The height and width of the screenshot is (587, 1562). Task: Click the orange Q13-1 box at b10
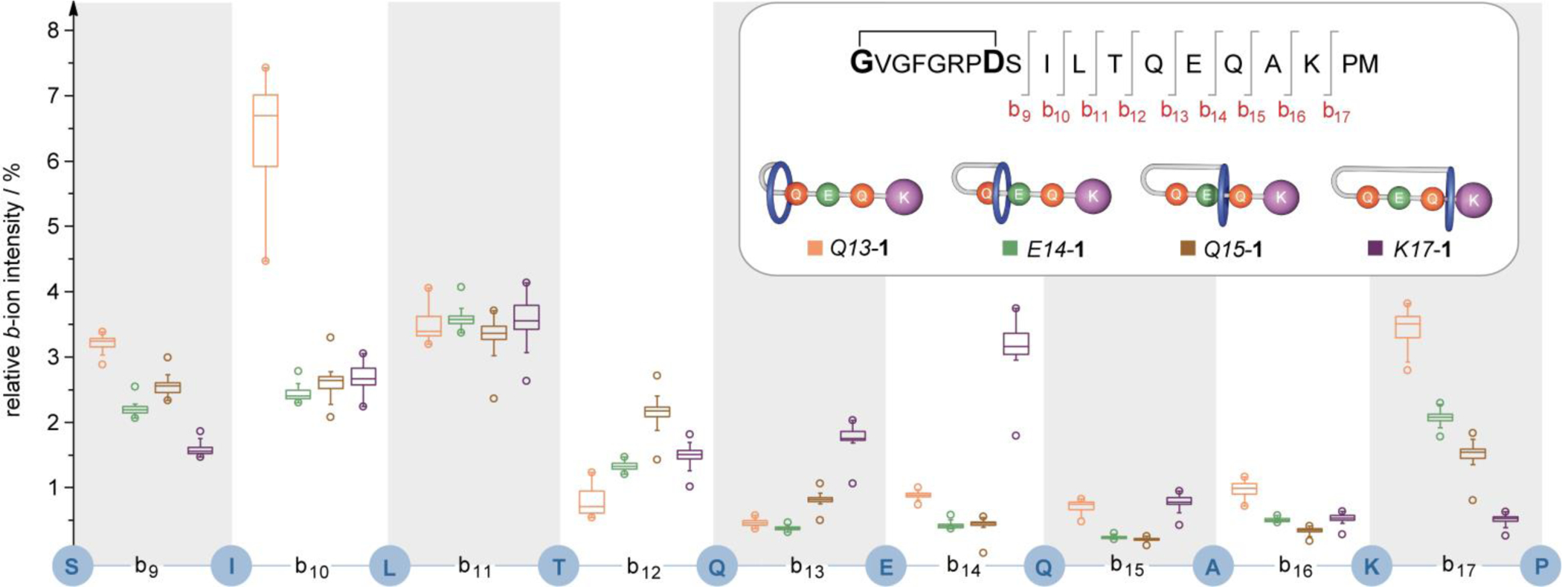(266, 130)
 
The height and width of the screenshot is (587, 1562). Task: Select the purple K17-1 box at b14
(1016, 344)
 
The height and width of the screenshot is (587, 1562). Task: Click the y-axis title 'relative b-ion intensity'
(16, 290)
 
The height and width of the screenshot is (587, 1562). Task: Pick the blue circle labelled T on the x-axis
(559, 567)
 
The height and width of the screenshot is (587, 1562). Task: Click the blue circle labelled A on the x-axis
(1213, 567)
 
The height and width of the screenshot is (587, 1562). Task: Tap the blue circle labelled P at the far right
(1540, 567)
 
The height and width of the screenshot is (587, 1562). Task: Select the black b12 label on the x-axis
(643, 568)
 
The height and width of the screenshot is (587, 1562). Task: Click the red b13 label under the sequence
(1174, 112)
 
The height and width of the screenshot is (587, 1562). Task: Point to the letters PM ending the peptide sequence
(1360, 65)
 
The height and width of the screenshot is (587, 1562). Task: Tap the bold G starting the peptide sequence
(861, 64)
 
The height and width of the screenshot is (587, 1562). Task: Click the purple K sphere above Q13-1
(903, 197)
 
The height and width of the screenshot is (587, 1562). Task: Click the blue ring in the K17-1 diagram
(1450, 199)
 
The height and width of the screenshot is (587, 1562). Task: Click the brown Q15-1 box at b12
(657, 411)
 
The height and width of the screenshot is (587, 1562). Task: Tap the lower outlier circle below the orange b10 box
(266, 261)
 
